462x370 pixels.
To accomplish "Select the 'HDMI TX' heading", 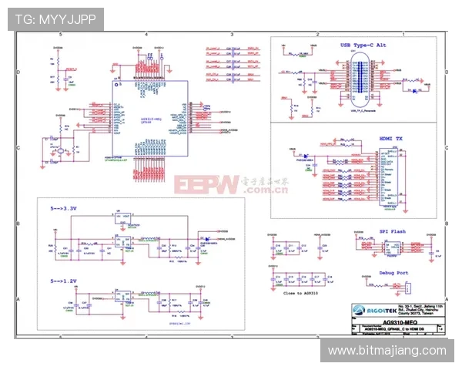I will (x=390, y=138).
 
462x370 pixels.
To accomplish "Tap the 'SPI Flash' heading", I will (x=393, y=230).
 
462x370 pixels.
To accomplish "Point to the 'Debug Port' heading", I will (x=393, y=273).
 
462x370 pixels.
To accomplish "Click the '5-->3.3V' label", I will (x=64, y=208).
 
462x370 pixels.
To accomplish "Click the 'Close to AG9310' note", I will (x=301, y=293).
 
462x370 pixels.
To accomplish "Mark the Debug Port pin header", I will (x=407, y=286).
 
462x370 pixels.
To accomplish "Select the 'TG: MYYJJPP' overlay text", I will (x=55, y=18).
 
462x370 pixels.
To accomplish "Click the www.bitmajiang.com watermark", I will (x=387, y=351).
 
